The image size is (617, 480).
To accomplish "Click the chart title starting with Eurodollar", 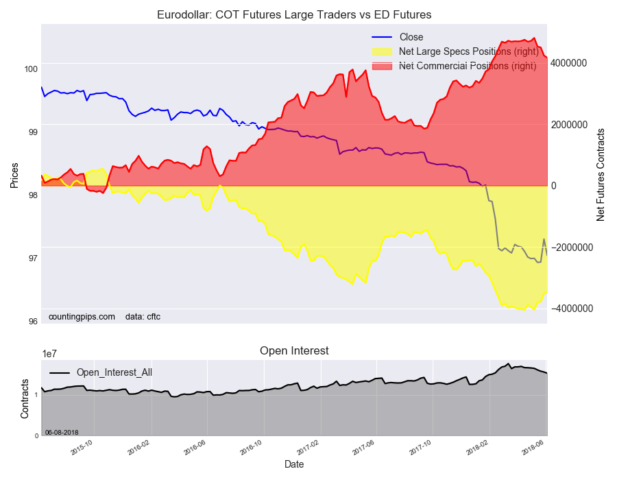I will pos(294,14).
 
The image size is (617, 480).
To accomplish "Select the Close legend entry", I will pos(411,37).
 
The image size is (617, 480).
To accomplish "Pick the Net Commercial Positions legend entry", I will pos(467,66).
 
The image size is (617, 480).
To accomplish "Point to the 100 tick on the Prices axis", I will pos(30,69).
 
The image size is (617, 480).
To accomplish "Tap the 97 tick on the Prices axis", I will pos(32,258).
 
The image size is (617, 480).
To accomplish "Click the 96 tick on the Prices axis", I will pos(32,321).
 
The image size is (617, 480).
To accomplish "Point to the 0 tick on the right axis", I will pos(554,186).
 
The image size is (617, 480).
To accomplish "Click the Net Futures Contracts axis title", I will pos(601,174).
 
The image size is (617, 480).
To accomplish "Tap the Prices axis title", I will pos(14,174).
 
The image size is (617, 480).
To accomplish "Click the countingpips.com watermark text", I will pos(82,317).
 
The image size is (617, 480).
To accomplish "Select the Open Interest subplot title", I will pos(294,350).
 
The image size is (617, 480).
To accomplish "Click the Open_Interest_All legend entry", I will pos(114,372).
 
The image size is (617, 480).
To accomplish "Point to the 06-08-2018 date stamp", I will pos(62,432).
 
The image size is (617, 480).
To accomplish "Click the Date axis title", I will pos(294,464).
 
